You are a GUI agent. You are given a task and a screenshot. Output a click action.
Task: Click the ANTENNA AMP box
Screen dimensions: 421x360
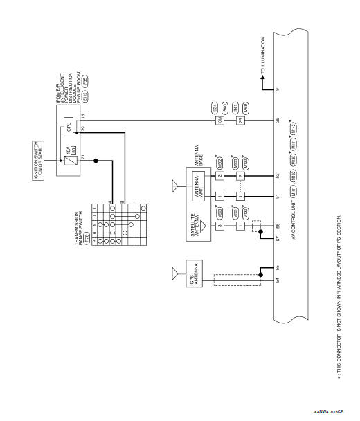[x=196, y=193]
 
